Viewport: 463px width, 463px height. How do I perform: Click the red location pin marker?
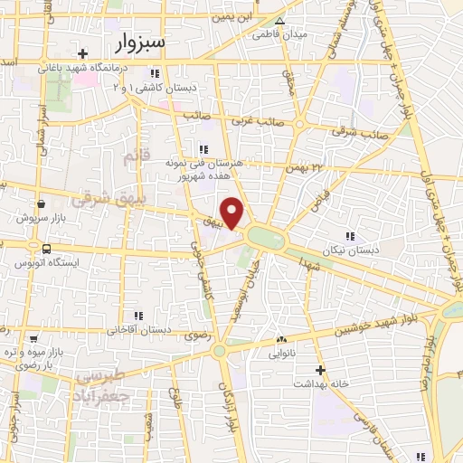point(233,213)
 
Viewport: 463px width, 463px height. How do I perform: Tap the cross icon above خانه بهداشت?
point(319,369)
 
